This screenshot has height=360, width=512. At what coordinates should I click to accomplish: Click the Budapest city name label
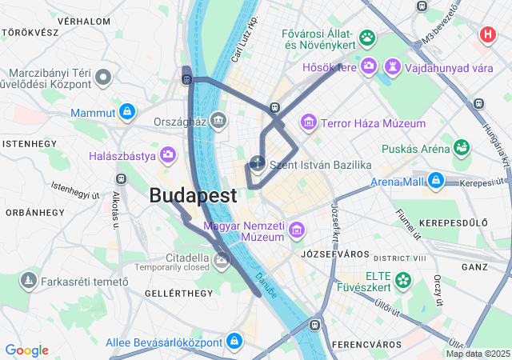point(193,195)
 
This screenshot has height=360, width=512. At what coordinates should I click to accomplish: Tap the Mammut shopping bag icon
point(126,112)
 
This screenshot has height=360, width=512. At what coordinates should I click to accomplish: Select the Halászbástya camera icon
point(168,154)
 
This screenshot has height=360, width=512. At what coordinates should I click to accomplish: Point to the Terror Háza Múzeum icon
point(308,123)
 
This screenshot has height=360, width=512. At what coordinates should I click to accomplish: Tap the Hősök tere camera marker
point(369,66)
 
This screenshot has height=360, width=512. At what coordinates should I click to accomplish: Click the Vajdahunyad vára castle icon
point(393,66)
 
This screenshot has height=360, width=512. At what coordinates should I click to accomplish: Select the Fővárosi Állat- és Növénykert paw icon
point(367,37)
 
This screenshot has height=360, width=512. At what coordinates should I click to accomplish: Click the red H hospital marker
point(486,35)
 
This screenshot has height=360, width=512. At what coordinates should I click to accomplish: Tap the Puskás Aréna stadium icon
point(462,147)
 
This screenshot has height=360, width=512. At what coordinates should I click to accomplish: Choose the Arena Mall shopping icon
point(435,180)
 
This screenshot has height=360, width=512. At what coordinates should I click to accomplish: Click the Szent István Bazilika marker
point(258,164)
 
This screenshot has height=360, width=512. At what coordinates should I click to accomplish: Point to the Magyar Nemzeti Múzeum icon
point(297,231)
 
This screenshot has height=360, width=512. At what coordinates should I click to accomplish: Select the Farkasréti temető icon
point(29,281)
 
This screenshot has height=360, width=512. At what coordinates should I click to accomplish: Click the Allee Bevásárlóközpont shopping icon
point(234,341)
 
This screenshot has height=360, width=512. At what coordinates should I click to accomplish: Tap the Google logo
point(26,350)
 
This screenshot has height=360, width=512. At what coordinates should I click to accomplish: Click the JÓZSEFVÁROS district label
point(328,254)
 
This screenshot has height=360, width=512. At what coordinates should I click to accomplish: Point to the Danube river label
point(267,286)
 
